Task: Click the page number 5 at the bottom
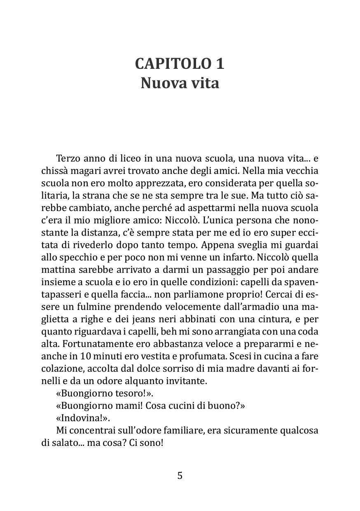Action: (180, 476)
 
